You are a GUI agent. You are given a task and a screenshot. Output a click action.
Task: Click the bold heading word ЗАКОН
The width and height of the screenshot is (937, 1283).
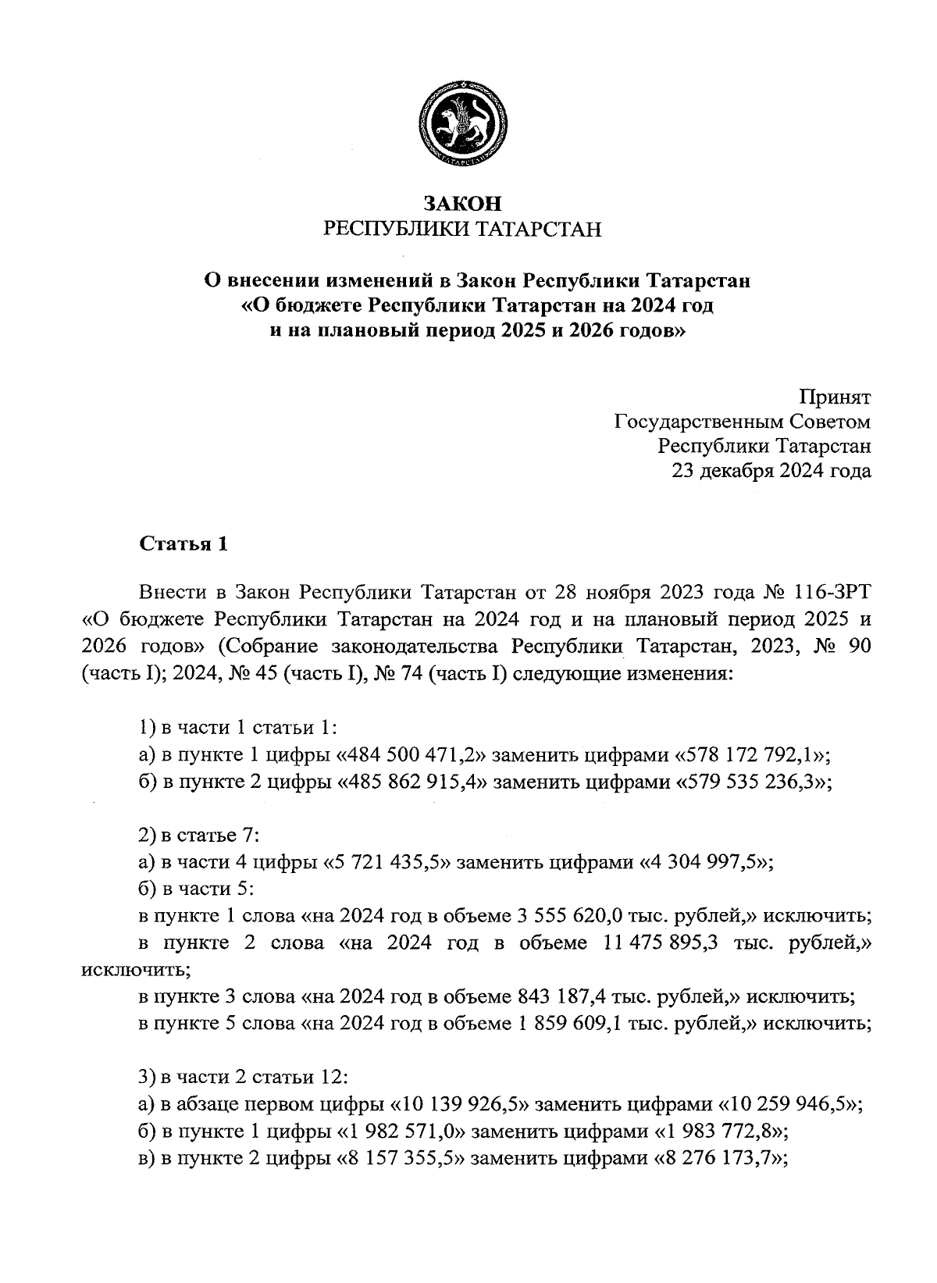[462, 204]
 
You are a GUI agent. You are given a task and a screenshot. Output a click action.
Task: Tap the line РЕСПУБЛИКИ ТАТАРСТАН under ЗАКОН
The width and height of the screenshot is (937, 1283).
[462, 230]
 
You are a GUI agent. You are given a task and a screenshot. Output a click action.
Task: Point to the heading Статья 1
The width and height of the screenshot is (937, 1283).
[183, 544]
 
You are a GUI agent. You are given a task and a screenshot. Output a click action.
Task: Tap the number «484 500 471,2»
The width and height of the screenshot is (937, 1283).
[411, 754]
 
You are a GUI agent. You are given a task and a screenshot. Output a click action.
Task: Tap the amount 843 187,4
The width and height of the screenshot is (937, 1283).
[551, 997]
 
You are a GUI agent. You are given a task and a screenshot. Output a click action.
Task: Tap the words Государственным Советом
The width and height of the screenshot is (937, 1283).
[742, 422]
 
